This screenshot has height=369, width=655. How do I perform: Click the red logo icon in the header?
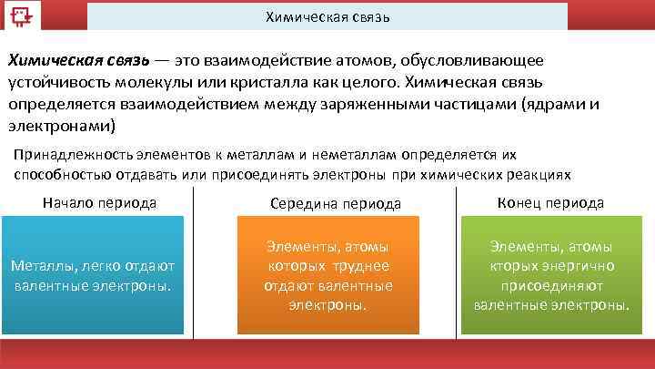click(18, 16)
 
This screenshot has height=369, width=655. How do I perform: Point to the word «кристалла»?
click(273, 82)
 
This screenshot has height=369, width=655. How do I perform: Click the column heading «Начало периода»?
click(99, 203)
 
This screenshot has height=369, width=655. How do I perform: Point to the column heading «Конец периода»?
click(551, 203)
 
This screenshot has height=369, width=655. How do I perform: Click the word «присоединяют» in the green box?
click(552, 285)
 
